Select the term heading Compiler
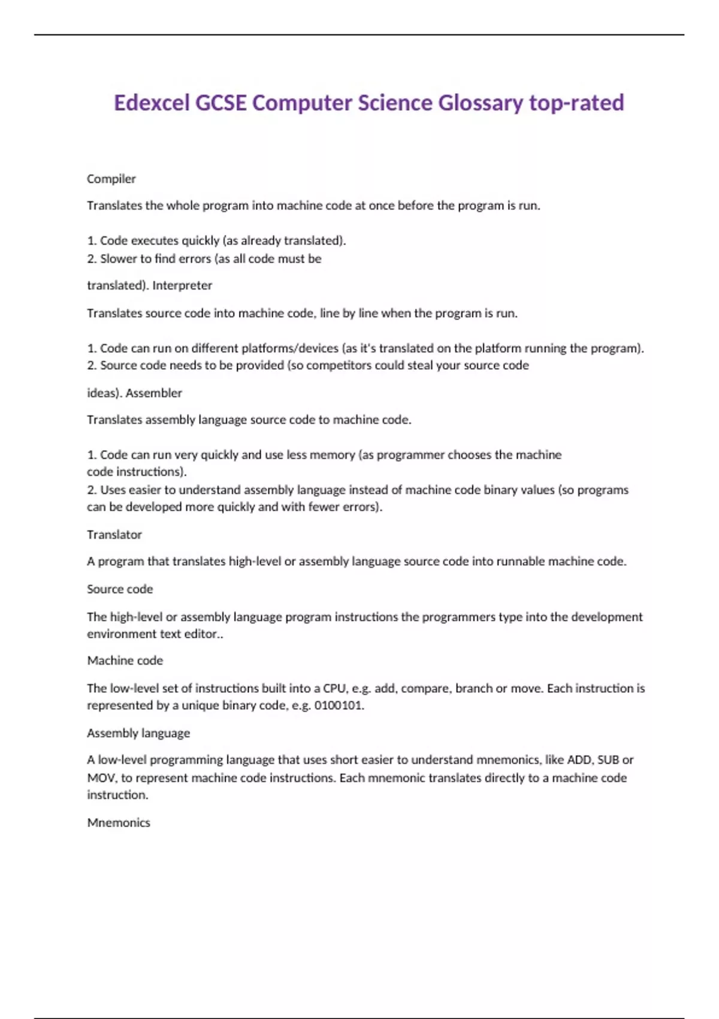(111, 179)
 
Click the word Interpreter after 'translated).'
(182, 285)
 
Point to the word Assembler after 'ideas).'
(153, 393)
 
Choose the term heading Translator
(114, 535)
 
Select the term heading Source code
(120, 589)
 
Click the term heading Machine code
(125, 661)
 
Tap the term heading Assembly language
(138, 733)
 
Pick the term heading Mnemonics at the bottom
(119, 823)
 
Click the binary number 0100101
(339, 706)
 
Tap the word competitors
(339, 366)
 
